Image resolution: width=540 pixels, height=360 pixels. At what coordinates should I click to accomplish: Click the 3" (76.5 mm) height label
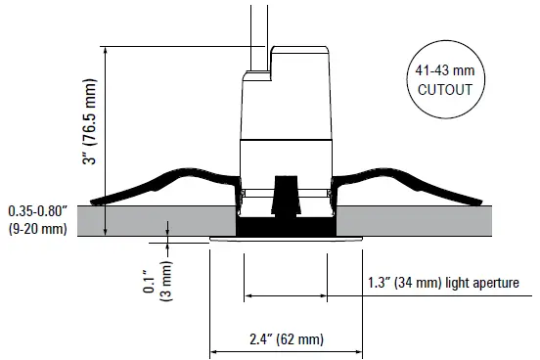(90, 121)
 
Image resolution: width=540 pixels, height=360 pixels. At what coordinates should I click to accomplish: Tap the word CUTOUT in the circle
(444, 90)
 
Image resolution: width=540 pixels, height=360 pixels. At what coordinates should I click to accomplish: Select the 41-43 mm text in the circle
(444, 70)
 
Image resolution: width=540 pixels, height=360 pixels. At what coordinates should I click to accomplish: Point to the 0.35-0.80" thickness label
(37, 211)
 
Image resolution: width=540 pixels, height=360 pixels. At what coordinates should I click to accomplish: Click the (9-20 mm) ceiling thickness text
(38, 228)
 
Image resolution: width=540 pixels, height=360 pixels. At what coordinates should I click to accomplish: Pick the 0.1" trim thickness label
(149, 281)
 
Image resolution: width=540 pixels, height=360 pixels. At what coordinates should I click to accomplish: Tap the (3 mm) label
(166, 281)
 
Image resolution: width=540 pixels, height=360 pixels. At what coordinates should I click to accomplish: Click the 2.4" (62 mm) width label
(287, 339)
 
